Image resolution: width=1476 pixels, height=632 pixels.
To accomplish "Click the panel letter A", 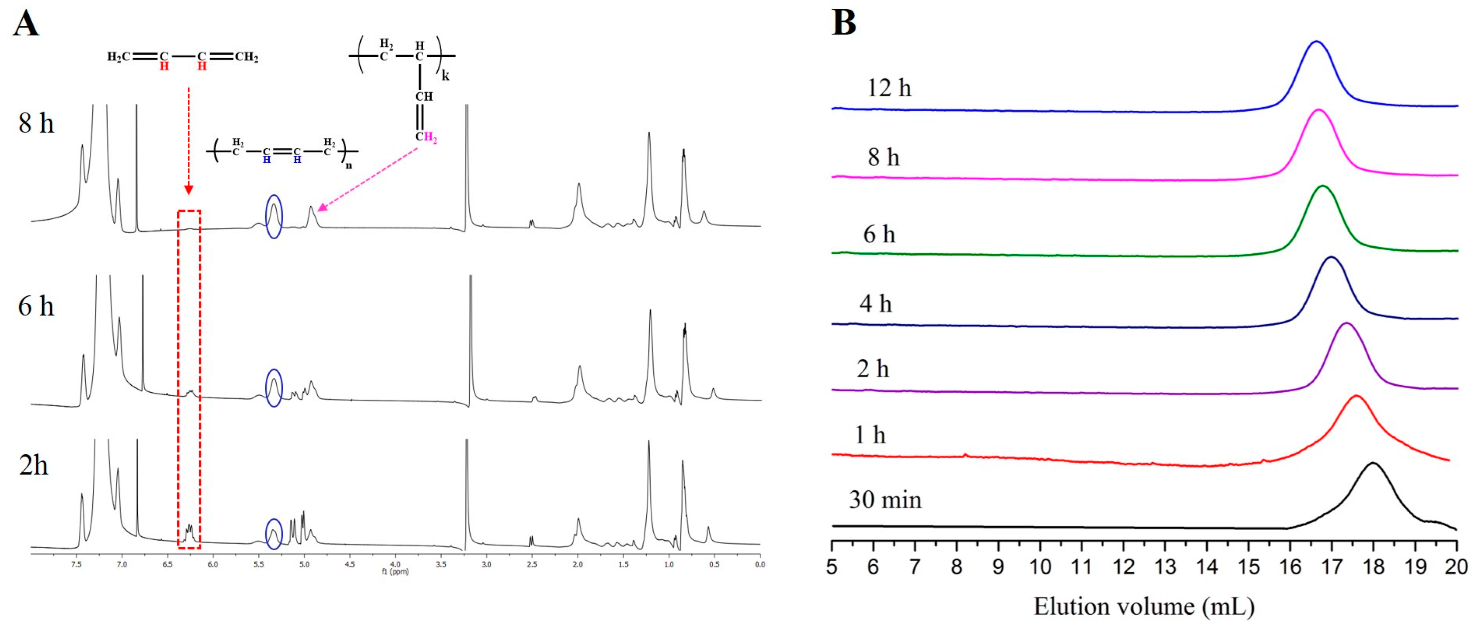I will click(x=26, y=24).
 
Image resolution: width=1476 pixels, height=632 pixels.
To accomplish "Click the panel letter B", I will click(x=843, y=23).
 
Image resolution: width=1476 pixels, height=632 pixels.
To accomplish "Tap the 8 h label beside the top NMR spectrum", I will click(x=36, y=123).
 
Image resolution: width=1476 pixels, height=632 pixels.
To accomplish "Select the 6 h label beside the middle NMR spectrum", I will click(x=36, y=306).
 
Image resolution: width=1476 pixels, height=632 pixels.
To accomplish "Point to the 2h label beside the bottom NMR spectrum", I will click(x=33, y=465).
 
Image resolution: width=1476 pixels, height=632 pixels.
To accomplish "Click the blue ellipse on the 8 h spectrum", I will click(x=274, y=216).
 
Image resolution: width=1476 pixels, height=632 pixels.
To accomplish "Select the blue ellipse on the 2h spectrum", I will click(x=274, y=534).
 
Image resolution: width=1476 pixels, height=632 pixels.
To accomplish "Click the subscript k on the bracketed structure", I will click(x=445, y=76).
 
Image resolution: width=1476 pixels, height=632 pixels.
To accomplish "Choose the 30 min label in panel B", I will click(x=885, y=500).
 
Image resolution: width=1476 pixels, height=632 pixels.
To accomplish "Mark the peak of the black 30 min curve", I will click(x=1373, y=479).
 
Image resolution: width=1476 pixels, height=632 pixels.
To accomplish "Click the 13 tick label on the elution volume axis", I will click(x=1165, y=567).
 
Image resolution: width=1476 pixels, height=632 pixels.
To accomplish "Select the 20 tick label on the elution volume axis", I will click(x=1456, y=567).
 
